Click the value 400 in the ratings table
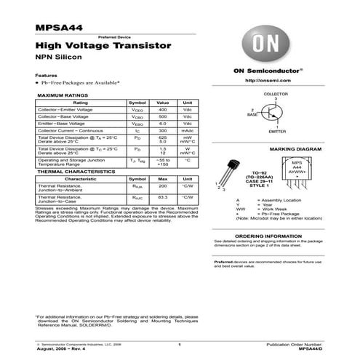(x=162, y=110)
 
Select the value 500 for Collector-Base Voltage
(x=162, y=116)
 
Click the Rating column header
(x=81, y=103)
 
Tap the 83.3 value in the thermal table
(x=162, y=196)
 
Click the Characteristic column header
(x=81, y=178)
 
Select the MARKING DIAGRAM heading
(x=276, y=148)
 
